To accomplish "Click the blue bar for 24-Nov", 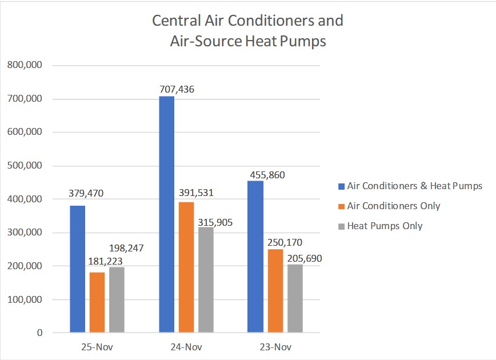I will click(166, 214).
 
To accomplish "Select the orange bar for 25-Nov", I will click(97, 302).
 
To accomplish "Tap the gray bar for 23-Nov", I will click(295, 298).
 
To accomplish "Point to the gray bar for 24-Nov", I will click(206, 279).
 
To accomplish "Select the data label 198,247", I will click(126, 249).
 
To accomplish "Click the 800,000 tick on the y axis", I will click(25, 65).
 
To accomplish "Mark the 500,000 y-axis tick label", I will click(25, 166).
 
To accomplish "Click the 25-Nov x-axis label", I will click(97, 347).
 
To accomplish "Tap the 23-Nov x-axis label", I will click(275, 347).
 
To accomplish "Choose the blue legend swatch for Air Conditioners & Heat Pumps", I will click(341, 186).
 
